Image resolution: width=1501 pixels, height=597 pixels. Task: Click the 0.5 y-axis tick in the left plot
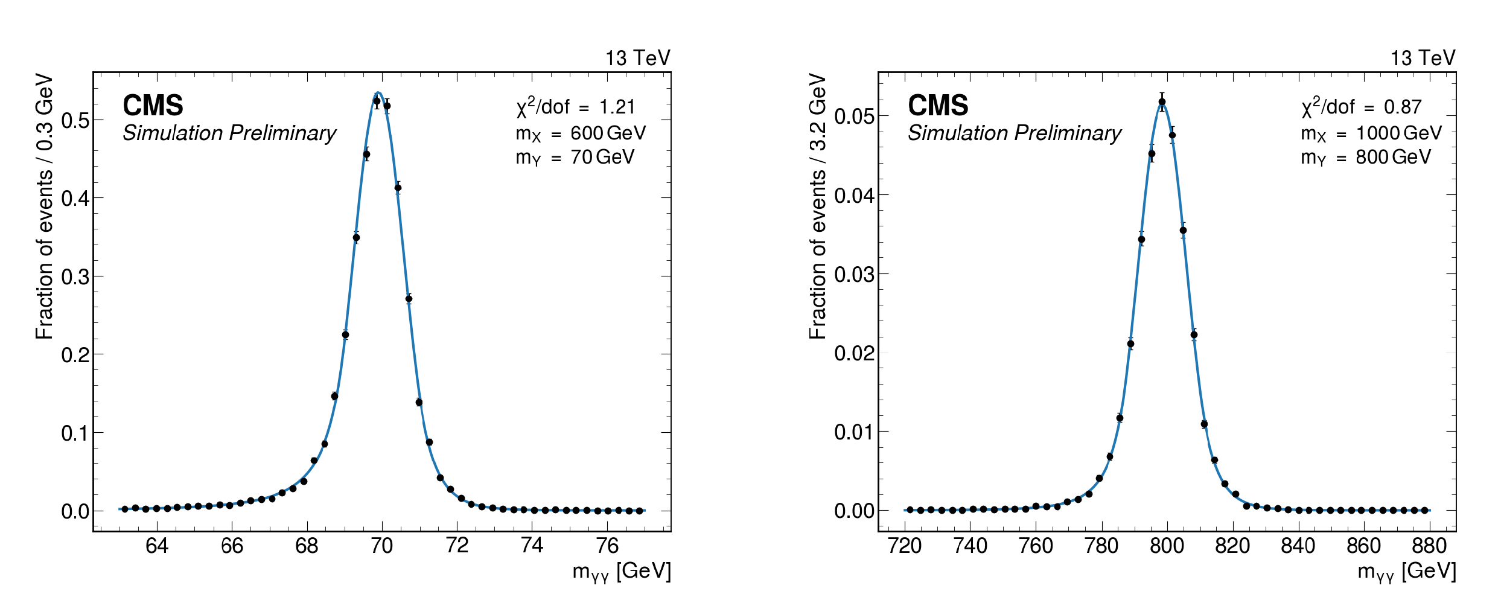click(75, 120)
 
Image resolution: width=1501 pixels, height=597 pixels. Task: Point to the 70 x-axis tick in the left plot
click(381, 546)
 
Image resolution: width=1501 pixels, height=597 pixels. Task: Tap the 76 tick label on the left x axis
click(607, 546)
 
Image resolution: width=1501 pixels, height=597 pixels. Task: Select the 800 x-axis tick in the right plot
click(1167, 546)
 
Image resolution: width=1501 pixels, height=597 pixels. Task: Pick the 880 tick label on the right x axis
click(1429, 546)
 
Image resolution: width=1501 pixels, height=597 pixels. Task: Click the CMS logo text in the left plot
click(153, 106)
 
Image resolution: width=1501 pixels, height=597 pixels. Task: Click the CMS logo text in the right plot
click(938, 106)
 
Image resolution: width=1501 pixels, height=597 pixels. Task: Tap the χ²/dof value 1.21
click(617, 107)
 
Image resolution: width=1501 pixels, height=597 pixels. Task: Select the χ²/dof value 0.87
click(1403, 107)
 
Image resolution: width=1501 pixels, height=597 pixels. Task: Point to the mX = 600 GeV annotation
click(581, 133)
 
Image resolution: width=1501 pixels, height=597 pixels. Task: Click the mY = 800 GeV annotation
click(1365, 158)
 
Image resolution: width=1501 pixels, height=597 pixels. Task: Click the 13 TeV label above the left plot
click(638, 58)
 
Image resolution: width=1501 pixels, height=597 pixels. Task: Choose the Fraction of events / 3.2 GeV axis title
click(817, 206)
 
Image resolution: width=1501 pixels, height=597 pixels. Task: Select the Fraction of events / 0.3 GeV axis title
click(44, 206)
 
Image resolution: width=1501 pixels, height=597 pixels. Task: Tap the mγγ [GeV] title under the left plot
click(622, 571)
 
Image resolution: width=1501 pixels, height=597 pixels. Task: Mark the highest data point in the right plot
click(1162, 102)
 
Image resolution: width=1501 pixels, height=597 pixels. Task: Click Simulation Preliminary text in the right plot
click(1015, 133)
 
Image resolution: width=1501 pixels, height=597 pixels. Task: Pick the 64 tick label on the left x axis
click(157, 546)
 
